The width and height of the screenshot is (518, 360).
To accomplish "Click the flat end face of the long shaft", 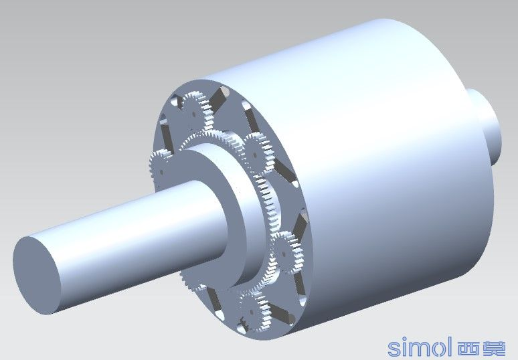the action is pos(37,276).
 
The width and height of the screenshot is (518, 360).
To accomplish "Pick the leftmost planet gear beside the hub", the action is pos(161,169).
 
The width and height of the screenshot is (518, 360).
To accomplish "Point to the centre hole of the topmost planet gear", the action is pos(194,114).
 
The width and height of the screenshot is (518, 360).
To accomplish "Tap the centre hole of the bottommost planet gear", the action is pos(252,312).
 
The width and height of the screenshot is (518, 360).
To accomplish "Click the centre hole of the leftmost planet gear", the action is pos(161,172).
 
